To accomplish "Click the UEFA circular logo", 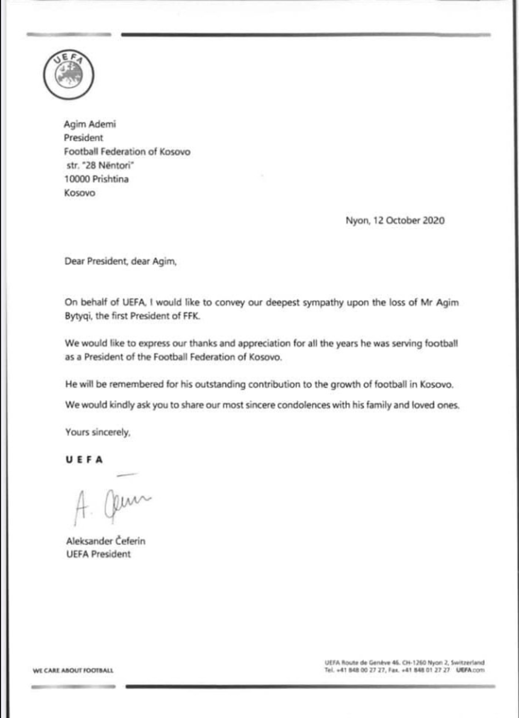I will tap(69, 75).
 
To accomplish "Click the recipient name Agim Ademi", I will tap(90, 124).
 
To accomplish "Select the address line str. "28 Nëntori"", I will tap(100, 165).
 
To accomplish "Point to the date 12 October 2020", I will tap(409, 221).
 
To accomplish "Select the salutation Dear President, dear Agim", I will tap(120, 261).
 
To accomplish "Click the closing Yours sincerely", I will tap(97, 432).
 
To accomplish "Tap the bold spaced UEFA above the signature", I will tap(84, 460).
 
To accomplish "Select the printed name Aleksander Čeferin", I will tap(105, 541).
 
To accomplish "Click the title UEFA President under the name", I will tap(98, 554).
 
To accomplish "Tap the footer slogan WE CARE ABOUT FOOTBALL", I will tap(73, 670).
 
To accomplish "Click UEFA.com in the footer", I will tap(470, 670).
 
